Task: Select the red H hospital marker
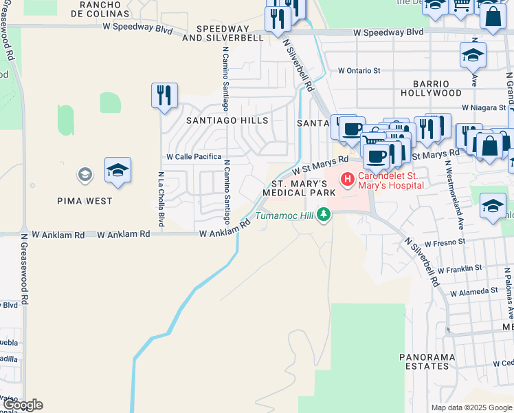click(x=347, y=180)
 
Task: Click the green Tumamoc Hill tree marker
click(x=322, y=215)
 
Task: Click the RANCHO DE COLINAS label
click(x=104, y=9)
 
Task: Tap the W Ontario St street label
click(x=359, y=70)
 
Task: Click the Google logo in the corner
click(x=22, y=405)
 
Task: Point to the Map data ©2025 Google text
click(x=471, y=407)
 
